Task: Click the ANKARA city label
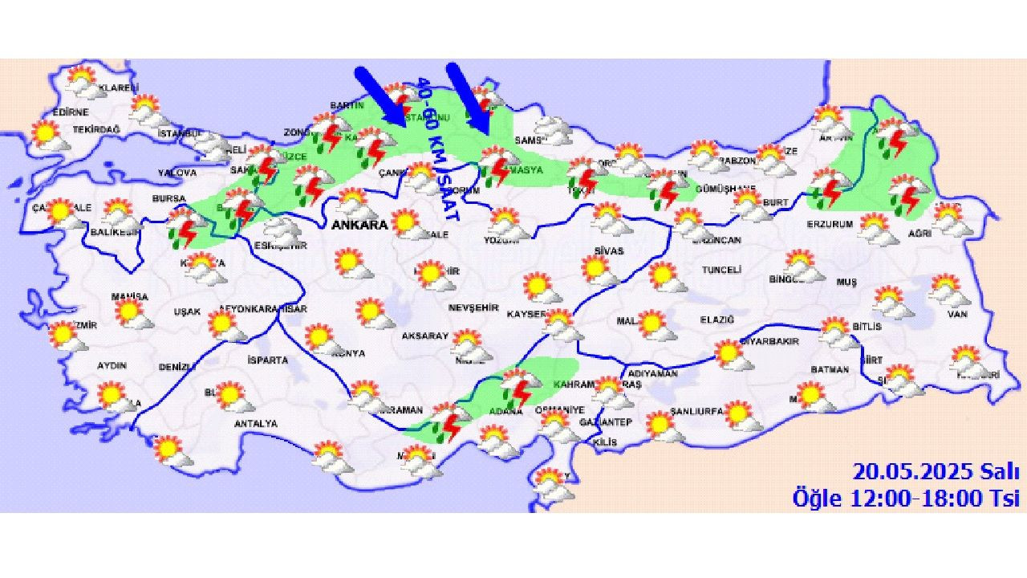tap(359, 226)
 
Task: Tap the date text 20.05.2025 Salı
tap(936, 470)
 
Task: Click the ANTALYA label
tap(255, 423)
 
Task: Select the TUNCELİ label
tap(721, 271)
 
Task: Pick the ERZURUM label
tap(830, 224)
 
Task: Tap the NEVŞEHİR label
tap(473, 308)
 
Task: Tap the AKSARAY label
tap(425, 336)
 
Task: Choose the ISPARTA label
tap(267, 360)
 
